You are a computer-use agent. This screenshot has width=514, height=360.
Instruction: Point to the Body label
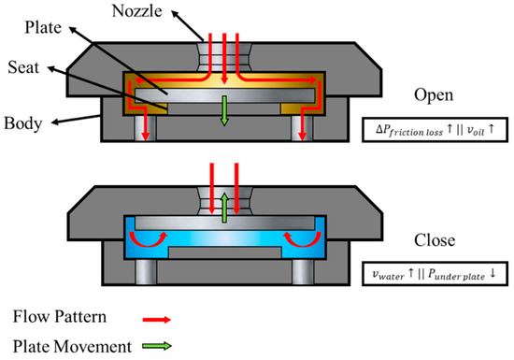tap(21, 122)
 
